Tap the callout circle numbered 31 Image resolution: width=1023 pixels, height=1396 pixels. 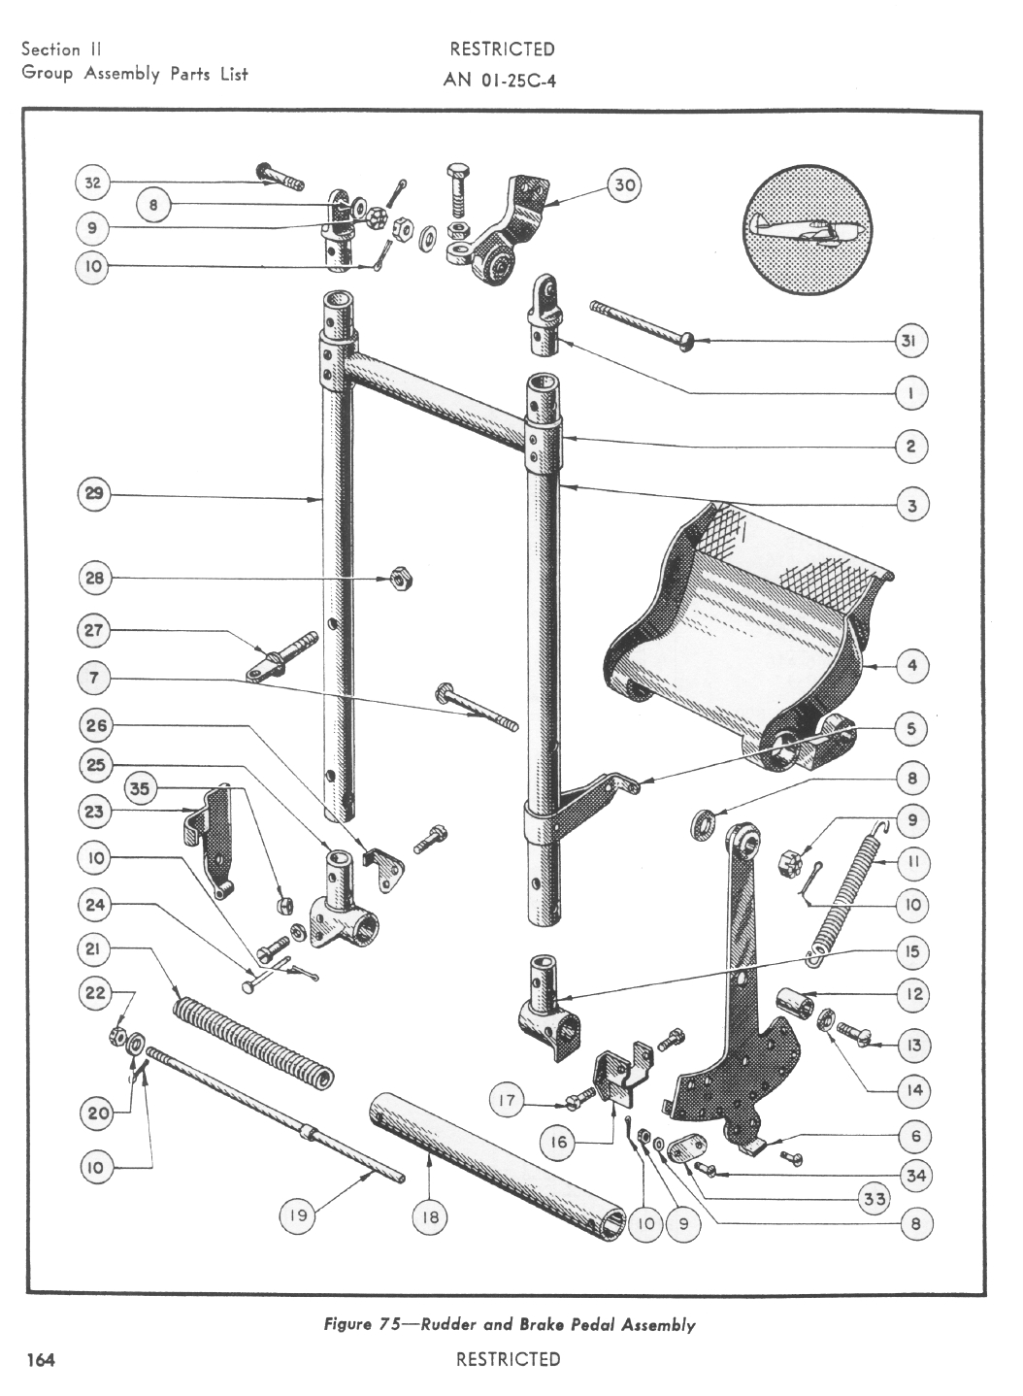coord(910,341)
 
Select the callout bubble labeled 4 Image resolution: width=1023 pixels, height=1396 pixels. coord(911,666)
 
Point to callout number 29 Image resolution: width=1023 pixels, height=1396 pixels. coord(94,494)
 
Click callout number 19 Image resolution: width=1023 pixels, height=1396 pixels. coord(298,1216)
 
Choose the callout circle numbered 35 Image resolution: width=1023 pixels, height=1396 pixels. coord(141,789)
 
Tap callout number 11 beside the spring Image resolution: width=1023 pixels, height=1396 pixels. coord(911,861)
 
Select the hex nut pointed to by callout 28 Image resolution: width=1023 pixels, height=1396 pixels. coord(397,579)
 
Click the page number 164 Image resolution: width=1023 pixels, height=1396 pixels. coord(41,1359)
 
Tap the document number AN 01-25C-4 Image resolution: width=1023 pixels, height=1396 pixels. coord(499,81)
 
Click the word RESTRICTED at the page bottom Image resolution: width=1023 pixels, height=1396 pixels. coord(508,1359)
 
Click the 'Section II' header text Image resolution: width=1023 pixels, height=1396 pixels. coord(62,50)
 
